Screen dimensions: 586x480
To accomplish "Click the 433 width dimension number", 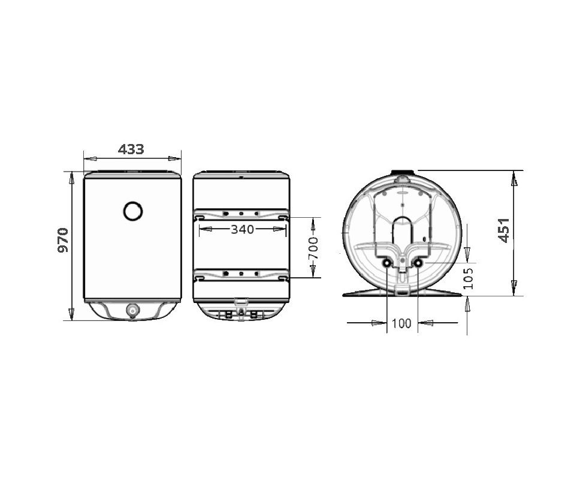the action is coord(131,149).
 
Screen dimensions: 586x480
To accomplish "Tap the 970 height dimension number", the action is coord(63,240).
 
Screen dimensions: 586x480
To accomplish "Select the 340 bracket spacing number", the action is coord(242,229).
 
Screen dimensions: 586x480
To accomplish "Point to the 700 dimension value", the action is coord(313,248).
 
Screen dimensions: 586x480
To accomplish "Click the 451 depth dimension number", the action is coord(504,230).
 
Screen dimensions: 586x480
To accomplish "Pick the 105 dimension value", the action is coord(468,278).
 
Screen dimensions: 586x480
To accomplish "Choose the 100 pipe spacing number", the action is coord(401,323).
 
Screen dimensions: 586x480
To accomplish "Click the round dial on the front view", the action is coord(132,211).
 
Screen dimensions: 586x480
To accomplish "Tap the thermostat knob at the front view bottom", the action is coord(132,310).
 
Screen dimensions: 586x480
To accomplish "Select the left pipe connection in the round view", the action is coord(386,264).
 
